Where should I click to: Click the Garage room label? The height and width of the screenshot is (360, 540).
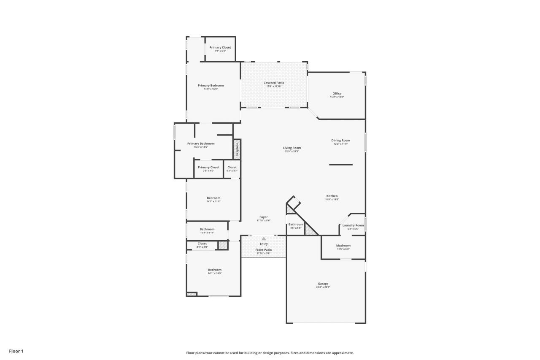[x=323, y=284]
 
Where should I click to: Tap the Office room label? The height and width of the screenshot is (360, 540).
[x=337, y=94]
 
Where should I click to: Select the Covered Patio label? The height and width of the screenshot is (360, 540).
[x=274, y=83]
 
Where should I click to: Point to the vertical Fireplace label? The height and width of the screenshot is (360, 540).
[x=237, y=149]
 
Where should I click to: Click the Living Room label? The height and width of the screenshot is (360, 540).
[x=292, y=148]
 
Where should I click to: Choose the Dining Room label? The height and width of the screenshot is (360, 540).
[x=340, y=141]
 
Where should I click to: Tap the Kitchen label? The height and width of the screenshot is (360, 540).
[x=332, y=196]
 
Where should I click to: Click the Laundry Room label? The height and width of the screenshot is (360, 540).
[x=353, y=225]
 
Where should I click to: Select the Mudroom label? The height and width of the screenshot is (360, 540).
[x=343, y=246]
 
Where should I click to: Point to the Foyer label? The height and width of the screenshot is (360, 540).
[x=264, y=217]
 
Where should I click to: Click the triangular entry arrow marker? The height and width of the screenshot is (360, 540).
[x=264, y=239]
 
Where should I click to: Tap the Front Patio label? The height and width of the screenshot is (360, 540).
[x=264, y=250]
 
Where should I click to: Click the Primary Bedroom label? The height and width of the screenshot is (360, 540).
[x=211, y=85]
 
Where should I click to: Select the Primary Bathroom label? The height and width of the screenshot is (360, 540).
[x=201, y=143]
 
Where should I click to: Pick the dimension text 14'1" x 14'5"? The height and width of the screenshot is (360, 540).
[x=214, y=273]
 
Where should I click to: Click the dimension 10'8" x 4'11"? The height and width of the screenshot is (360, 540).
[x=207, y=233]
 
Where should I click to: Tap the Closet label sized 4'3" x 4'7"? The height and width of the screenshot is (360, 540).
[x=232, y=167]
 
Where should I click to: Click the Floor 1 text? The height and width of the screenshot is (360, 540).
[x=16, y=351]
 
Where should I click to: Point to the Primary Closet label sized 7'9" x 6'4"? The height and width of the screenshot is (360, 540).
[x=220, y=47]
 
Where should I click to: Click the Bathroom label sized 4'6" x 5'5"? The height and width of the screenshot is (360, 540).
[x=296, y=225]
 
